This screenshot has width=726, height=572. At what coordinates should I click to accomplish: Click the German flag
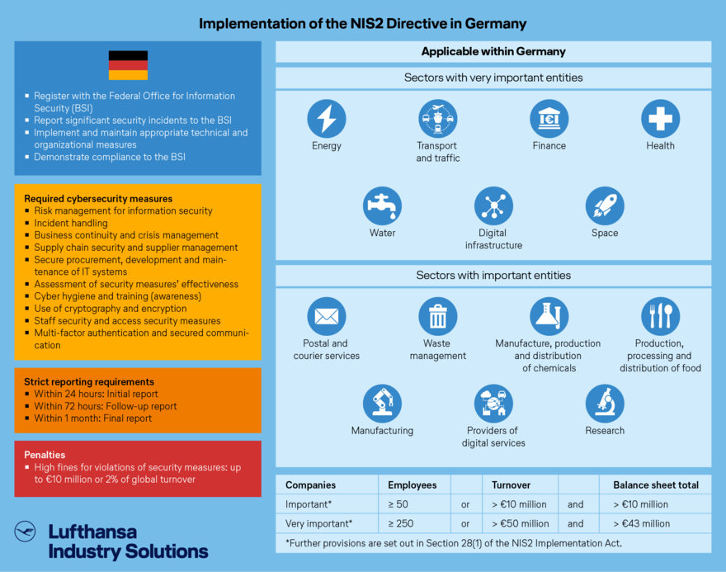[x=128, y=65]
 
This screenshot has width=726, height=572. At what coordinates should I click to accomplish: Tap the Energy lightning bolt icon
[x=327, y=119]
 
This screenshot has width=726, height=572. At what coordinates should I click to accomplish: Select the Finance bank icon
[x=549, y=119]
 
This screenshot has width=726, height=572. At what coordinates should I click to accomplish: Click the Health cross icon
[x=660, y=119]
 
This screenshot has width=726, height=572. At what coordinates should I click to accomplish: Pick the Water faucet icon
[x=382, y=206]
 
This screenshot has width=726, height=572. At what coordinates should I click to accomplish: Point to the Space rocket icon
[x=605, y=206]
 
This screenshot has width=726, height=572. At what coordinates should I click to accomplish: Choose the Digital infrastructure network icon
[x=493, y=206]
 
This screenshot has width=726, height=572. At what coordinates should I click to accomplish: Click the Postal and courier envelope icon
[x=327, y=316]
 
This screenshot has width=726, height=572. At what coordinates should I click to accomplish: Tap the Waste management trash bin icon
[x=438, y=316]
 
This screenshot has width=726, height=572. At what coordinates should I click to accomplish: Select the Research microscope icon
[x=605, y=404]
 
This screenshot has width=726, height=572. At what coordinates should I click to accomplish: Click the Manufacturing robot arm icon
[x=382, y=404]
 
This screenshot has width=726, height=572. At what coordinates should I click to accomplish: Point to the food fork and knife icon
[x=660, y=316]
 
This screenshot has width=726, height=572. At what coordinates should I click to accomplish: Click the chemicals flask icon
[x=549, y=316]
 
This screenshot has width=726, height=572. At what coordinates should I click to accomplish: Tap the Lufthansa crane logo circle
[x=25, y=532]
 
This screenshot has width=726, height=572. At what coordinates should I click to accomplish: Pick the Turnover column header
[x=511, y=485]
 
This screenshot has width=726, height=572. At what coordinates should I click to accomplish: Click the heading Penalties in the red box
[x=45, y=455]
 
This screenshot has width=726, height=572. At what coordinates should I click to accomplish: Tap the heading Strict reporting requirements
[x=89, y=382]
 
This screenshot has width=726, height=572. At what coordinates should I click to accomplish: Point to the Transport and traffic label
[x=438, y=152]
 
